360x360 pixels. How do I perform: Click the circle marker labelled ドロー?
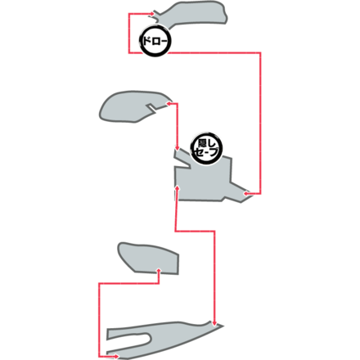[155, 41]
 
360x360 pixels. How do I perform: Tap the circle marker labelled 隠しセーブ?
[206, 148]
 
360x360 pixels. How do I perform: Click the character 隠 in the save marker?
[202, 143]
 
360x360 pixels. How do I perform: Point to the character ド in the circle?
[146, 41]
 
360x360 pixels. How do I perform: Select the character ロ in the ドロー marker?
[155, 42]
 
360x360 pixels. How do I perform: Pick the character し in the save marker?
[211, 143]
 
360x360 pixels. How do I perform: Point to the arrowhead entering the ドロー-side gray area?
[152, 13]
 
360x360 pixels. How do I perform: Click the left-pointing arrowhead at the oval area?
[169, 104]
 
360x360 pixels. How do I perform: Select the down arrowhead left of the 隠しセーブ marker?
[177, 148]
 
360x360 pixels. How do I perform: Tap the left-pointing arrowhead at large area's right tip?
[245, 194]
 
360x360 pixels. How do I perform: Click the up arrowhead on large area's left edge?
[178, 187]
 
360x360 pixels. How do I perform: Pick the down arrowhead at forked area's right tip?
[214, 323]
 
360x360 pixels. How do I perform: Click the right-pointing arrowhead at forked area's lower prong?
[117, 356]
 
